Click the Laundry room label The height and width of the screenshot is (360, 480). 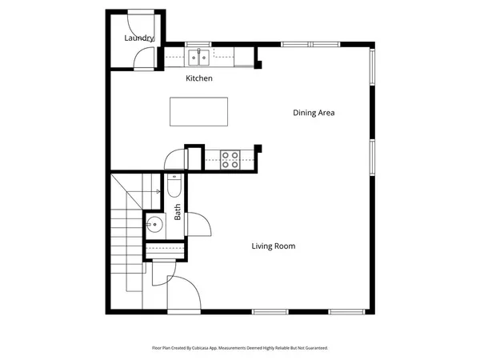tap(138, 38)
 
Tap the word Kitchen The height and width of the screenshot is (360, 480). tap(198, 78)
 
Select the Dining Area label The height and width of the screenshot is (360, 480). tap(313, 113)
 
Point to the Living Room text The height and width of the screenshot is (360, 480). tap(274, 246)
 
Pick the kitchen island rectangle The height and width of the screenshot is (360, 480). tap(198, 111)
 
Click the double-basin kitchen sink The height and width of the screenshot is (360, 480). tap(199, 56)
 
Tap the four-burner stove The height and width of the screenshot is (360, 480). tap(230, 160)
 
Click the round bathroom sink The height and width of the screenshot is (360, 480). tap(154, 225)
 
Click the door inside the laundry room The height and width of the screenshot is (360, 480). tap(142, 58)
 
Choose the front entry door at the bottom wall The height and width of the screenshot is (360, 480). tap(182, 294)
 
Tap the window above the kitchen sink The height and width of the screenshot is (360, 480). tap(198, 43)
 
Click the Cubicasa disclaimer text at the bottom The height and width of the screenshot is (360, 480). tap(240, 348)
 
